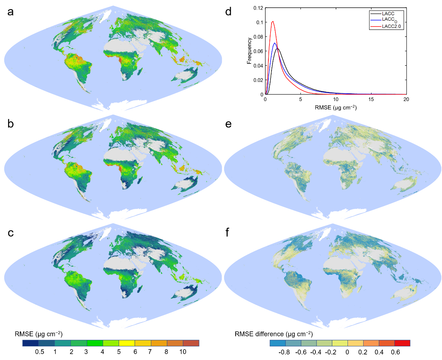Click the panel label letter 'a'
[11, 12]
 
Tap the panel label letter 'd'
[228, 12]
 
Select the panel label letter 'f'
[228, 232]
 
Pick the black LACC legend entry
[388, 14]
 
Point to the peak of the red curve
[273, 21]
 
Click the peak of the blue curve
[275, 43]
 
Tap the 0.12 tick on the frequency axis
[258, 8]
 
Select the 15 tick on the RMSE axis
[371, 99]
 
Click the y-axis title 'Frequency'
[249, 51]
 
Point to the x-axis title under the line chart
[335, 108]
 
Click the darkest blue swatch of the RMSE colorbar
[30, 343]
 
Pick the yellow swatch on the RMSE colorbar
[127, 343]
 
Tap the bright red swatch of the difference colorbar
[402, 343]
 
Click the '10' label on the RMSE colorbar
[183, 352]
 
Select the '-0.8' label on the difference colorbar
[284, 352]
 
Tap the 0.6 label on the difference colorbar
[395, 352]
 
